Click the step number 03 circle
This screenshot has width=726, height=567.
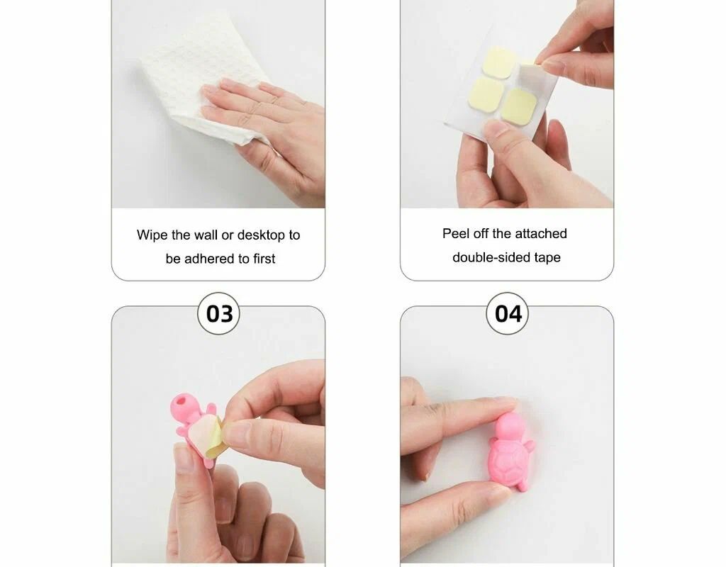point(218,313)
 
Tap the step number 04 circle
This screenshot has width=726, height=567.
point(508,313)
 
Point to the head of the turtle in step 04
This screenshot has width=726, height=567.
point(507,426)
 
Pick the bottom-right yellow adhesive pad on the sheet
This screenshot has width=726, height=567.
point(519,106)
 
